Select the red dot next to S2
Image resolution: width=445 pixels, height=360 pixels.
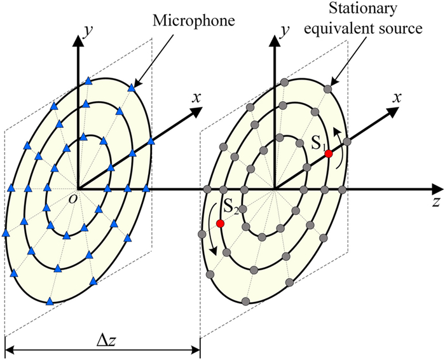pos(220,223)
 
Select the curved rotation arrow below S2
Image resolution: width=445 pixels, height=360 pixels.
pos(210,239)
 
